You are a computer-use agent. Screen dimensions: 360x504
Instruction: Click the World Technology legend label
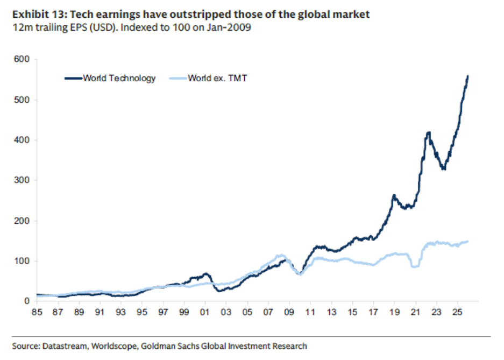point(119,78)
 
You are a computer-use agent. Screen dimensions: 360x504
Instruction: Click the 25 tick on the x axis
point(457,312)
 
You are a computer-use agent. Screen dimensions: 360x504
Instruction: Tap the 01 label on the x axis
point(205,312)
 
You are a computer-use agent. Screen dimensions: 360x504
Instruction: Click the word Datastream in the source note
point(62,346)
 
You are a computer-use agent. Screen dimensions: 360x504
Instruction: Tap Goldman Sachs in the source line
point(167,346)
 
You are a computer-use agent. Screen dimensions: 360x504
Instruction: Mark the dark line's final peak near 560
point(467,76)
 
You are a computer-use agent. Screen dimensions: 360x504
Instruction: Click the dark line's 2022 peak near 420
point(428,132)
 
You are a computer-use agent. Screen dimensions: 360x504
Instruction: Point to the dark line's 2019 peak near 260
point(394,196)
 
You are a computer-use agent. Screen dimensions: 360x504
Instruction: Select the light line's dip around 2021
point(414,266)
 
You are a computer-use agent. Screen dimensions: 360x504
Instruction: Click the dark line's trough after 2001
point(219,291)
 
